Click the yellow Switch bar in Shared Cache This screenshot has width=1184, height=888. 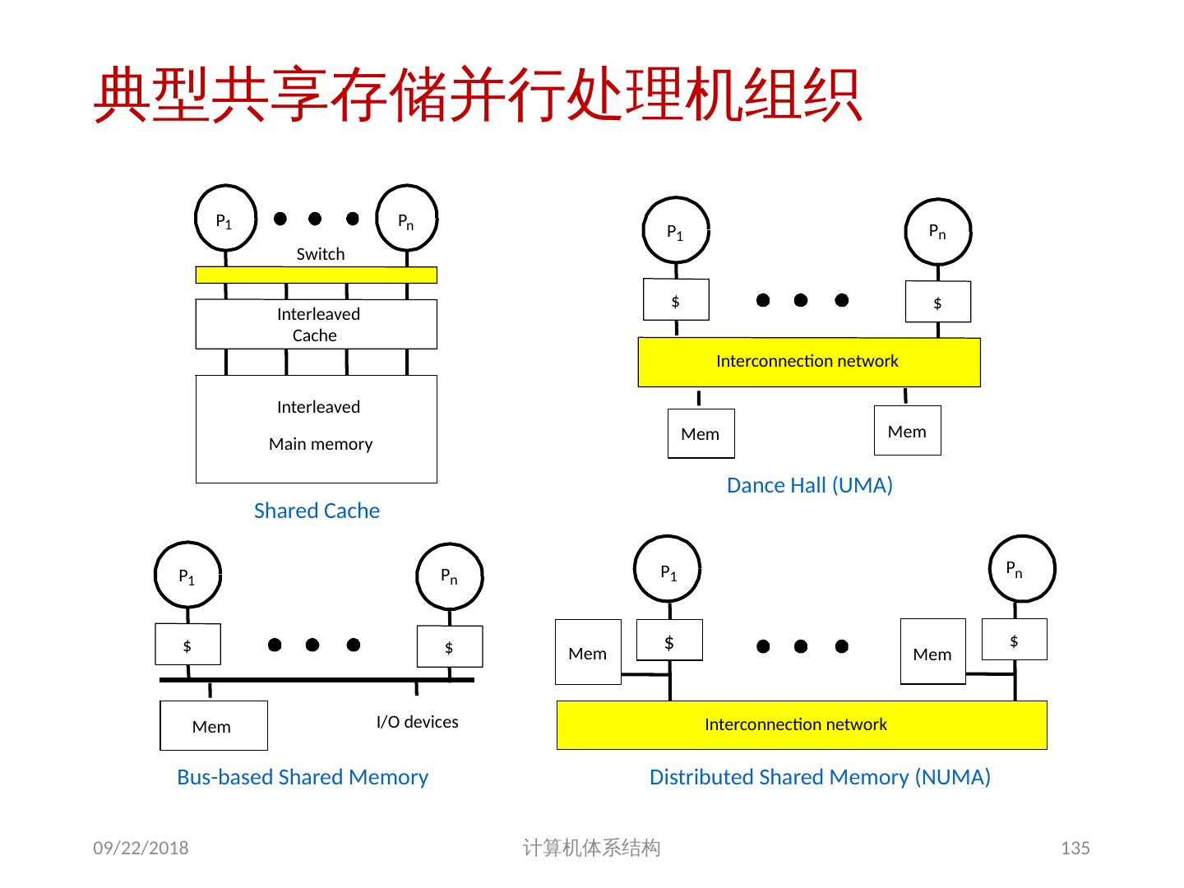[x=316, y=275]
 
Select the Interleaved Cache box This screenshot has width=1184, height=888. [x=316, y=325]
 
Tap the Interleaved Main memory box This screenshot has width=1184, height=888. [x=316, y=428]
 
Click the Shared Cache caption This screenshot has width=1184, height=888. [x=317, y=511]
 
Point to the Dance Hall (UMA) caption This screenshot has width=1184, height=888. [x=809, y=485]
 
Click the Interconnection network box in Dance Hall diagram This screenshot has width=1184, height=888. [x=809, y=362]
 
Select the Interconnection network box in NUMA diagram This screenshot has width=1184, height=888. [x=802, y=724]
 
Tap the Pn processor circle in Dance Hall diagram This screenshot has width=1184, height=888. [x=937, y=231]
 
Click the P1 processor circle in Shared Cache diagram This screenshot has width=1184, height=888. [x=224, y=219]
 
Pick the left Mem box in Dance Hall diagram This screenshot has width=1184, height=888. [x=701, y=433]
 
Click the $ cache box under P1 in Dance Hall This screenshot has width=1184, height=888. [x=675, y=299]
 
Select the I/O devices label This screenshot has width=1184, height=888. [x=417, y=722]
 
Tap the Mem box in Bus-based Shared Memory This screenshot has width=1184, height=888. [x=213, y=725]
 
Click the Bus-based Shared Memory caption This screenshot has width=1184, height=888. [x=303, y=777]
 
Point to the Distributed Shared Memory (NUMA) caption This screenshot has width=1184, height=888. [x=820, y=777]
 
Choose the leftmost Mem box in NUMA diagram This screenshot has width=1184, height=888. [x=588, y=652]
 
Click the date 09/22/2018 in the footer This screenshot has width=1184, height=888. [x=141, y=848]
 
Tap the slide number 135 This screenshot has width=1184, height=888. [x=1075, y=848]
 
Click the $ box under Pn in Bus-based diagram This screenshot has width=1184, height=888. [x=449, y=646]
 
